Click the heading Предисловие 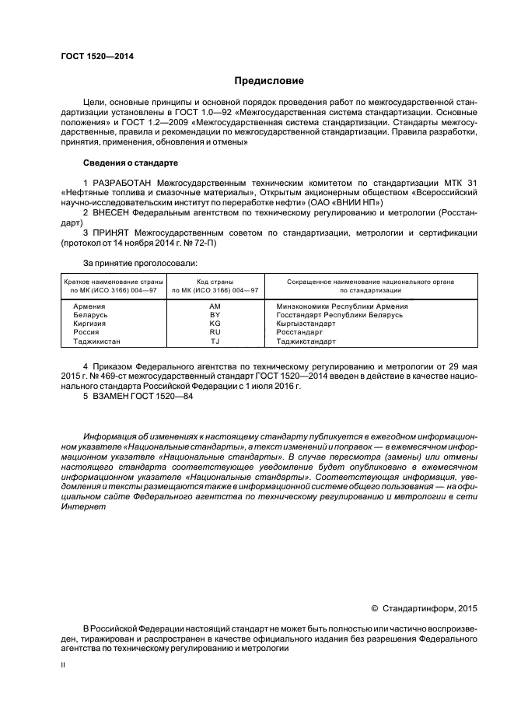[269, 81]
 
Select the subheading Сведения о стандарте [131, 163]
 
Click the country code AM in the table [215, 306]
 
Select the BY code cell [215, 315]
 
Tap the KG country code [215, 324]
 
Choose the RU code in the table [215, 332]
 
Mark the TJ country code [215, 341]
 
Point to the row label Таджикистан [97, 341]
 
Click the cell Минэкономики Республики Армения [342, 306]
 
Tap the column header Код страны [215, 281]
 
